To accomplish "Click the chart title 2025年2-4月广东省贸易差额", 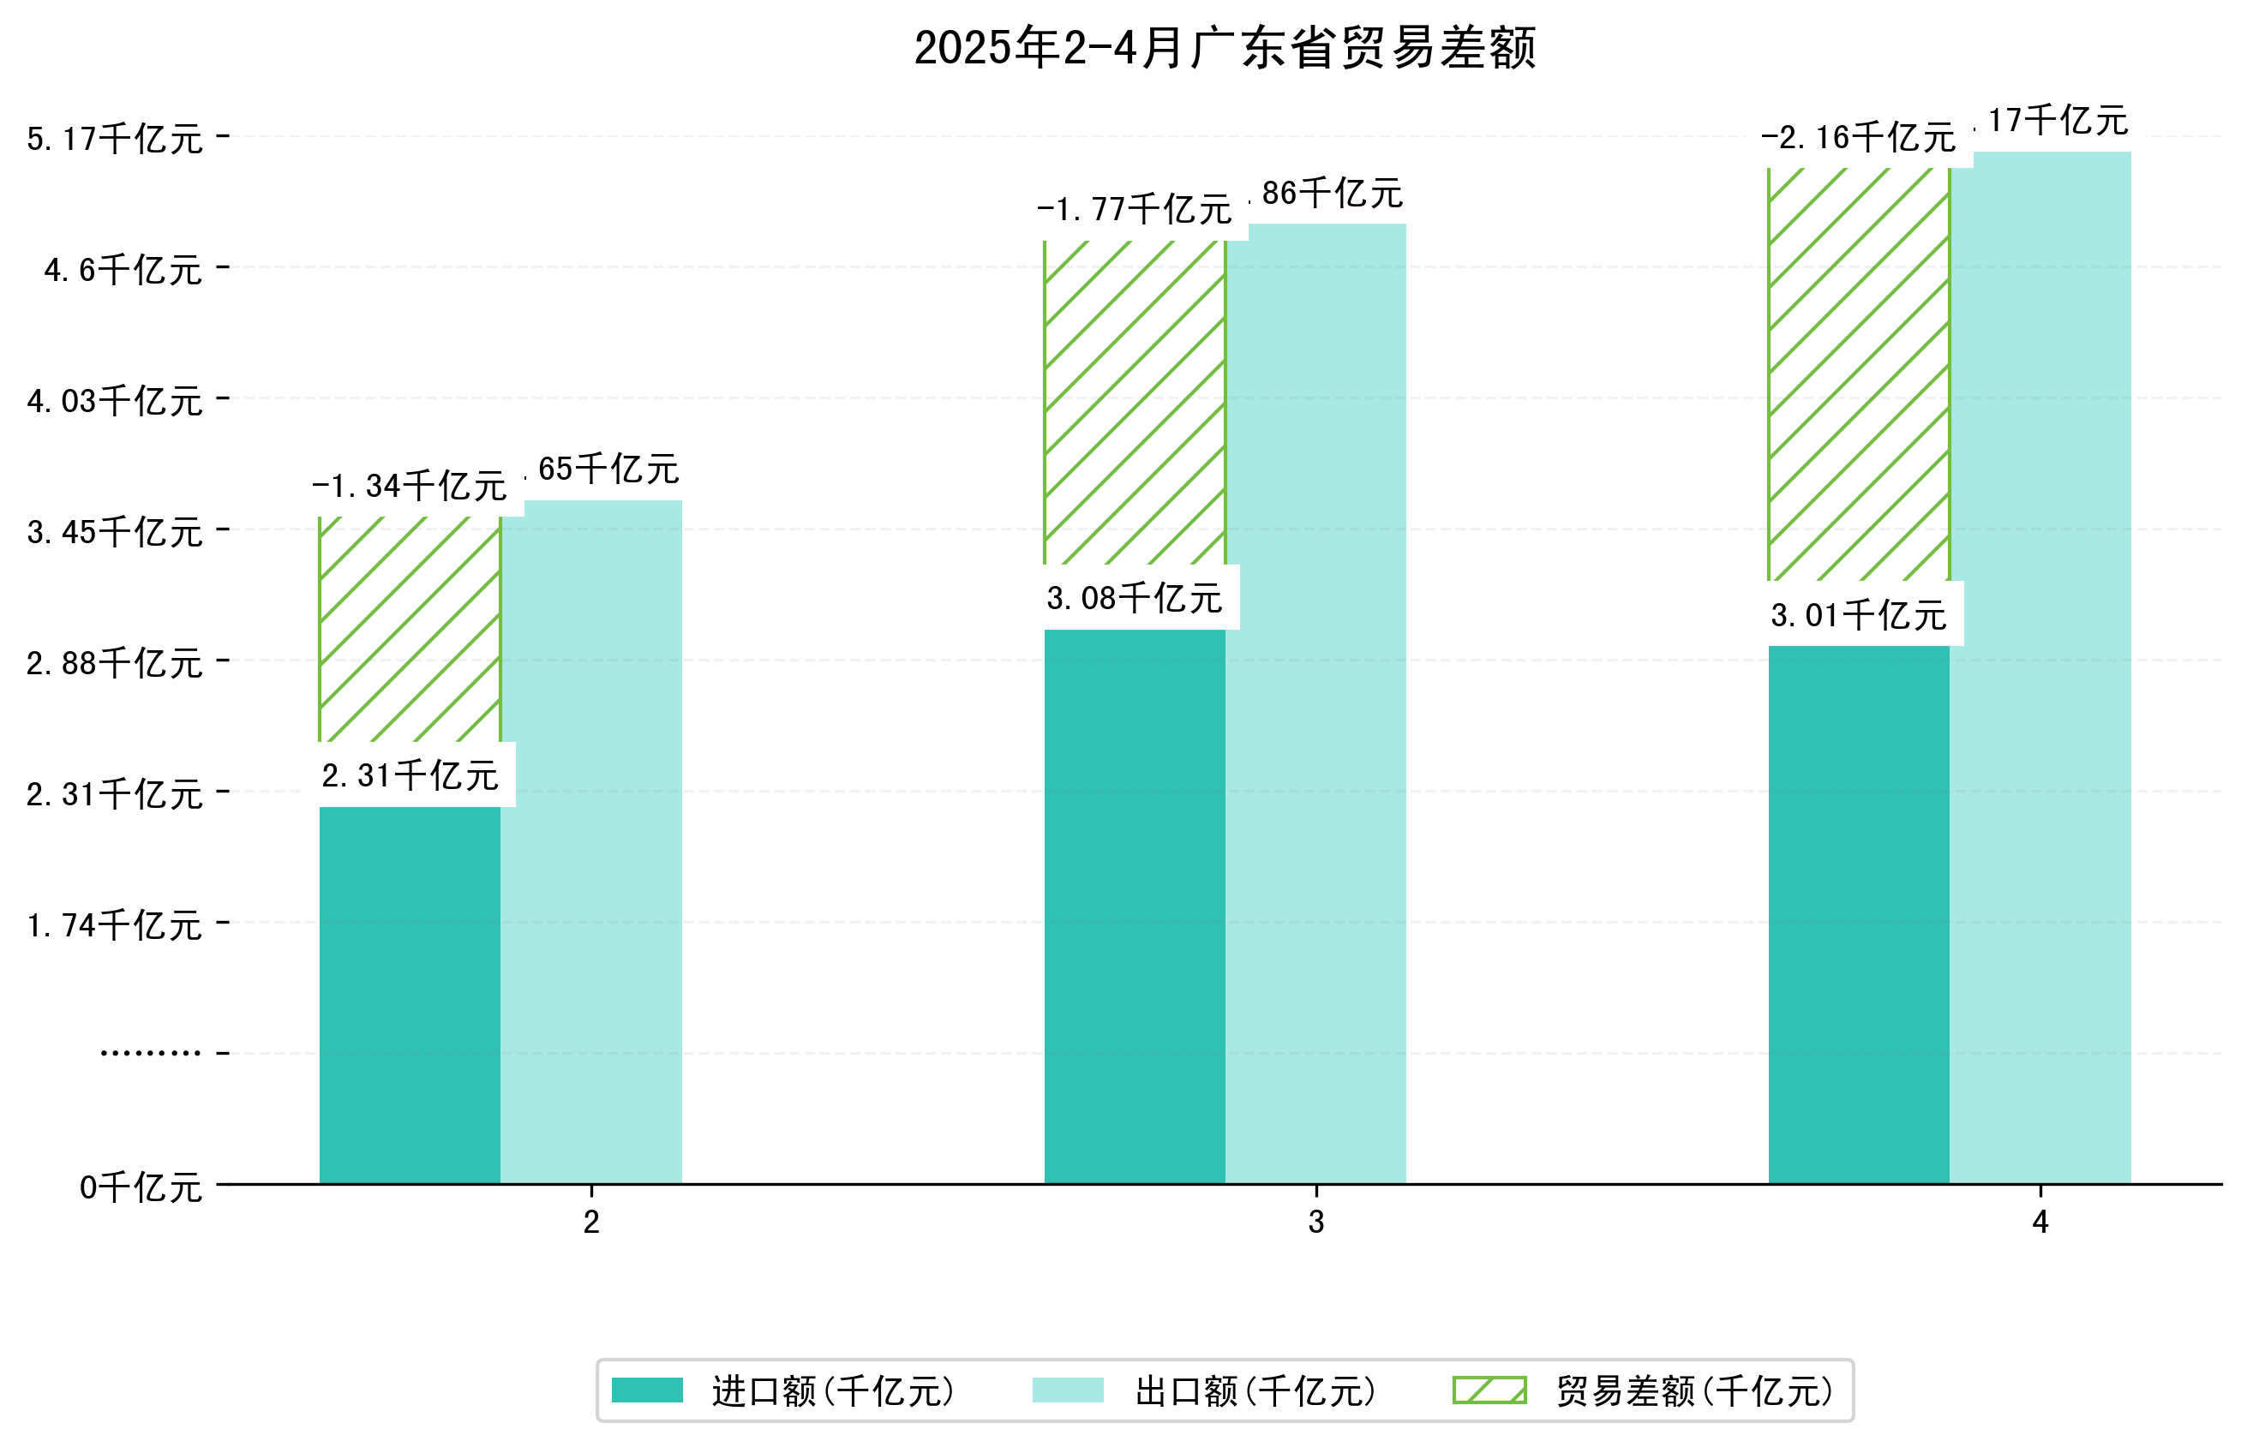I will click(x=1224, y=48).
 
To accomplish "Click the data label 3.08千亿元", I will click(x=1134, y=599).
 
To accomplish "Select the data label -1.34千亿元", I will click(x=409, y=486).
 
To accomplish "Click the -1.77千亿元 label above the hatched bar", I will click(x=1134, y=208).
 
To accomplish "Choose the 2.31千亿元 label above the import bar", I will click(x=409, y=775).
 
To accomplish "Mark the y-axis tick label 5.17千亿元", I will click(x=115, y=139).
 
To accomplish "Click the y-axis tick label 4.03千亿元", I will click(x=115, y=401).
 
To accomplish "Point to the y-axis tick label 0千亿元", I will click(x=141, y=1187).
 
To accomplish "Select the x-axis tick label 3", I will click(x=1315, y=1222).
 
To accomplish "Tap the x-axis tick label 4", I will click(x=2040, y=1222).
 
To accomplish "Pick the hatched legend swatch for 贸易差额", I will click(x=1489, y=1390).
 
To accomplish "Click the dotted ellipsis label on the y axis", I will click(x=150, y=1052).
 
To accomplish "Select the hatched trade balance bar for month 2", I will click(x=409, y=630).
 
